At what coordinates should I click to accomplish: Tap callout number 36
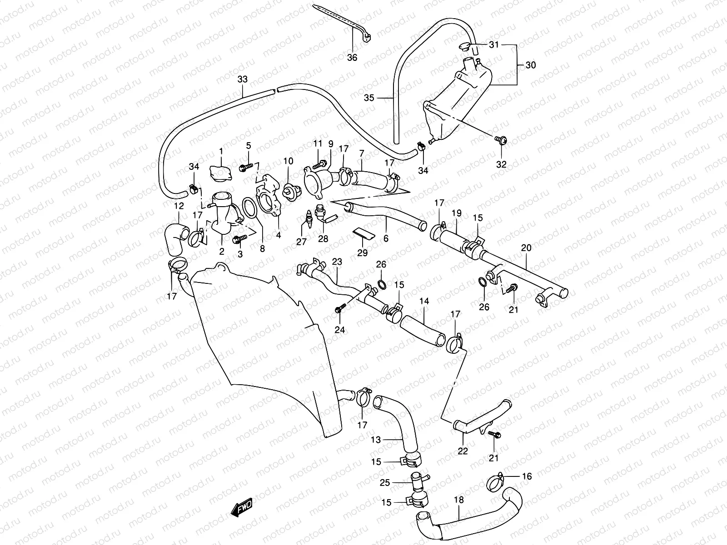point(352,58)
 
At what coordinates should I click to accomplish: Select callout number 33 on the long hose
point(242,79)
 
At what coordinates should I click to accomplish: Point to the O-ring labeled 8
point(249,208)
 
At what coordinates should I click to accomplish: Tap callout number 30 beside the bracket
point(530,65)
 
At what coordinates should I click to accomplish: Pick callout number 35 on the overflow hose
point(369,98)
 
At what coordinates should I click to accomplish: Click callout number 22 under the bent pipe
point(463,451)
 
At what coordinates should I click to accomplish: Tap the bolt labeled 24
point(339,309)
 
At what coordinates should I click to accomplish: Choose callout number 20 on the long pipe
point(526,248)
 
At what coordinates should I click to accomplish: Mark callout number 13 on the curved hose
point(375,440)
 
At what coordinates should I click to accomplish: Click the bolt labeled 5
point(246,167)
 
